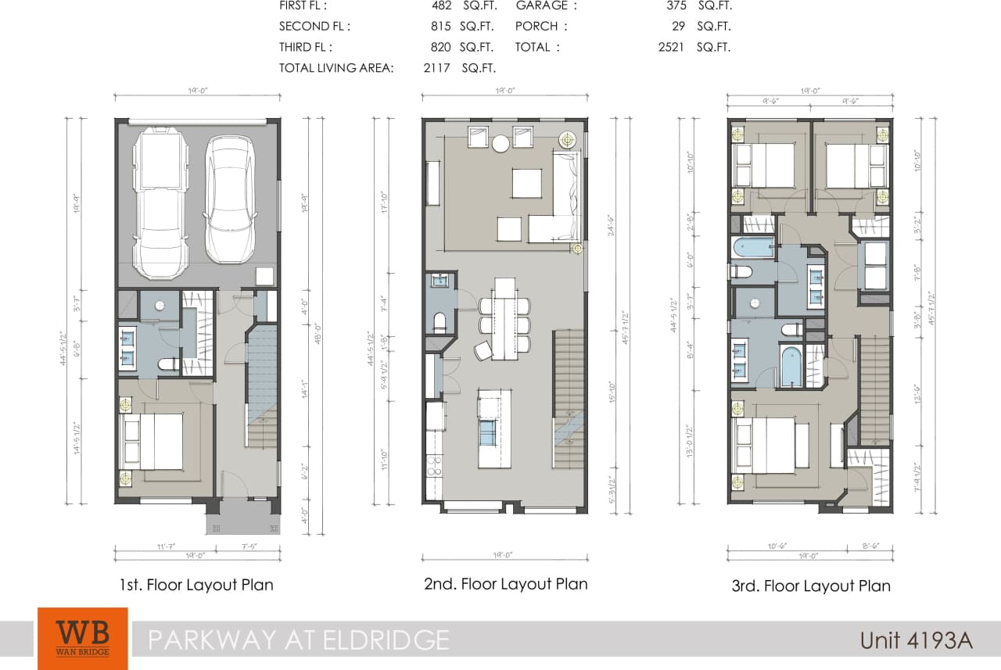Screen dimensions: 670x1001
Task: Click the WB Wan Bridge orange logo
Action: pos(82,638)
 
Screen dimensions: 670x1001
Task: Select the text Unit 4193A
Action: pos(916,640)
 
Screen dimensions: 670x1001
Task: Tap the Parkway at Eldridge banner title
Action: pos(298,640)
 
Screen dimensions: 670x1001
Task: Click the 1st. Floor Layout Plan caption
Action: pos(196,585)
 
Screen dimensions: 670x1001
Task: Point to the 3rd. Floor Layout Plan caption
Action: pos(810,586)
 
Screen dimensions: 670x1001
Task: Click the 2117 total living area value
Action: pos(436,68)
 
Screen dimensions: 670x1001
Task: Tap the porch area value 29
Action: pos(677,26)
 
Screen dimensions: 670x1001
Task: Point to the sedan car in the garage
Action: pos(229,199)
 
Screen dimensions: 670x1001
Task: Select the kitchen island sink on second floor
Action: pos(487,432)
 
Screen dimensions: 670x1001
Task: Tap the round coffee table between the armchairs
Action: pos(500,142)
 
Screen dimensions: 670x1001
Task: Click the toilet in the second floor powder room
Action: pos(439,321)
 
